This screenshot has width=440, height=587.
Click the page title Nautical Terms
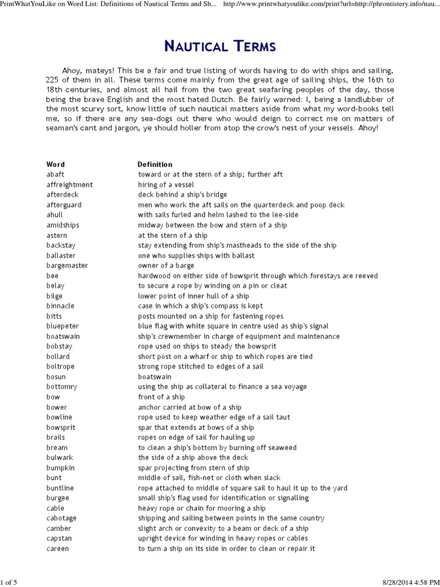(x=219, y=45)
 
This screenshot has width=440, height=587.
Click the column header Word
(x=56, y=165)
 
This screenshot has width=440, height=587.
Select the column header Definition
(x=155, y=165)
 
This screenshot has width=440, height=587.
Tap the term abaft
(x=56, y=174)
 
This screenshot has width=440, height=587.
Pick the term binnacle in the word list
(x=60, y=306)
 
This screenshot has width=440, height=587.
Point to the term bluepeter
(x=62, y=326)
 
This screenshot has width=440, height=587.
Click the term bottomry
(x=62, y=387)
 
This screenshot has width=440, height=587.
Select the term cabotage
(x=61, y=518)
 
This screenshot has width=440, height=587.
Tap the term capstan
(x=60, y=538)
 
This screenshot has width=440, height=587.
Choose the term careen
(x=58, y=549)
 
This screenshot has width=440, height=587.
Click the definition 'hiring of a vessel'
(x=166, y=185)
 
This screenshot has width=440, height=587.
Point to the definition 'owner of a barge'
(x=166, y=265)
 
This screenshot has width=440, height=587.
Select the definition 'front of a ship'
(x=162, y=397)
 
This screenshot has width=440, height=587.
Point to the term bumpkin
(x=61, y=468)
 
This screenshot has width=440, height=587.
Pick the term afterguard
(x=64, y=205)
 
